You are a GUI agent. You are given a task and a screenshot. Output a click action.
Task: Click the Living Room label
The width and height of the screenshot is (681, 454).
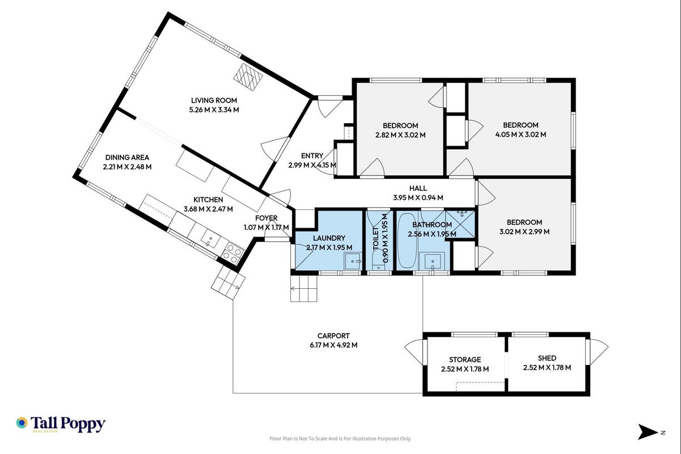pyautogui.click(x=214, y=100)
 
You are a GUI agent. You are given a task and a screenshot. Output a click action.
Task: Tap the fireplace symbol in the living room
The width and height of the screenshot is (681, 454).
pyautogui.click(x=248, y=77)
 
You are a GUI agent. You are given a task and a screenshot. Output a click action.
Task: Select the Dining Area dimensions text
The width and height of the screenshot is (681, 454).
pyautogui.click(x=127, y=167)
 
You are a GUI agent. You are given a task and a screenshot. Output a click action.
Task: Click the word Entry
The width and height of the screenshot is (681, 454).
pyautogui.click(x=312, y=156)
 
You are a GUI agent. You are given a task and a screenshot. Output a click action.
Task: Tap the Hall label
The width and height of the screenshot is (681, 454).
pyautogui.click(x=418, y=188)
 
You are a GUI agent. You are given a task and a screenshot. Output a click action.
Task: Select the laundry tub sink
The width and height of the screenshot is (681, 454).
pyautogui.click(x=353, y=261)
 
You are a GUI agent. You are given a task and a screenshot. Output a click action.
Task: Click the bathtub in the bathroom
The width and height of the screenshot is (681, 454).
pyautogui.click(x=407, y=241)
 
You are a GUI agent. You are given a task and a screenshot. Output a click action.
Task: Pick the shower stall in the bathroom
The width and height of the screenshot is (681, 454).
pyautogui.click(x=460, y=224)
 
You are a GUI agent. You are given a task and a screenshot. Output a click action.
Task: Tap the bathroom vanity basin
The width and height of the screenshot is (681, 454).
pyautogui.click(x=432, y=261)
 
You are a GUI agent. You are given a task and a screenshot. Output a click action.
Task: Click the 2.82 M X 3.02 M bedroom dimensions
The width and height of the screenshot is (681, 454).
pyautogui.click(x=400, y=135)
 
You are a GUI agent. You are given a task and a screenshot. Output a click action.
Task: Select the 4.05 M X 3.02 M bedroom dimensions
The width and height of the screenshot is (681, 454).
pyautogui.click(x=521, y=134)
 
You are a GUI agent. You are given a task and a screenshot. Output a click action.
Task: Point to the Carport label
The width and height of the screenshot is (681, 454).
pyautogui.click(x=333, y=335)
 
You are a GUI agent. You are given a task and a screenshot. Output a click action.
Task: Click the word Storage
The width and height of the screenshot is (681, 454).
pyautogui.click(x=465, y=360)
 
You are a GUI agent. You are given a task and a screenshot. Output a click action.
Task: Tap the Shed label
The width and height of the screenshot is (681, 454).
pyautogui.click(x=547, y=358)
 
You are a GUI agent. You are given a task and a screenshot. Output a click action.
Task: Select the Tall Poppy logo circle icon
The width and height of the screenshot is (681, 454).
pyautogui.click(x=22, y=423)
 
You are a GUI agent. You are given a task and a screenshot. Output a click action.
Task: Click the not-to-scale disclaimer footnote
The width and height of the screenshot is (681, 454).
pyautogui.click(x=340, y=439)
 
